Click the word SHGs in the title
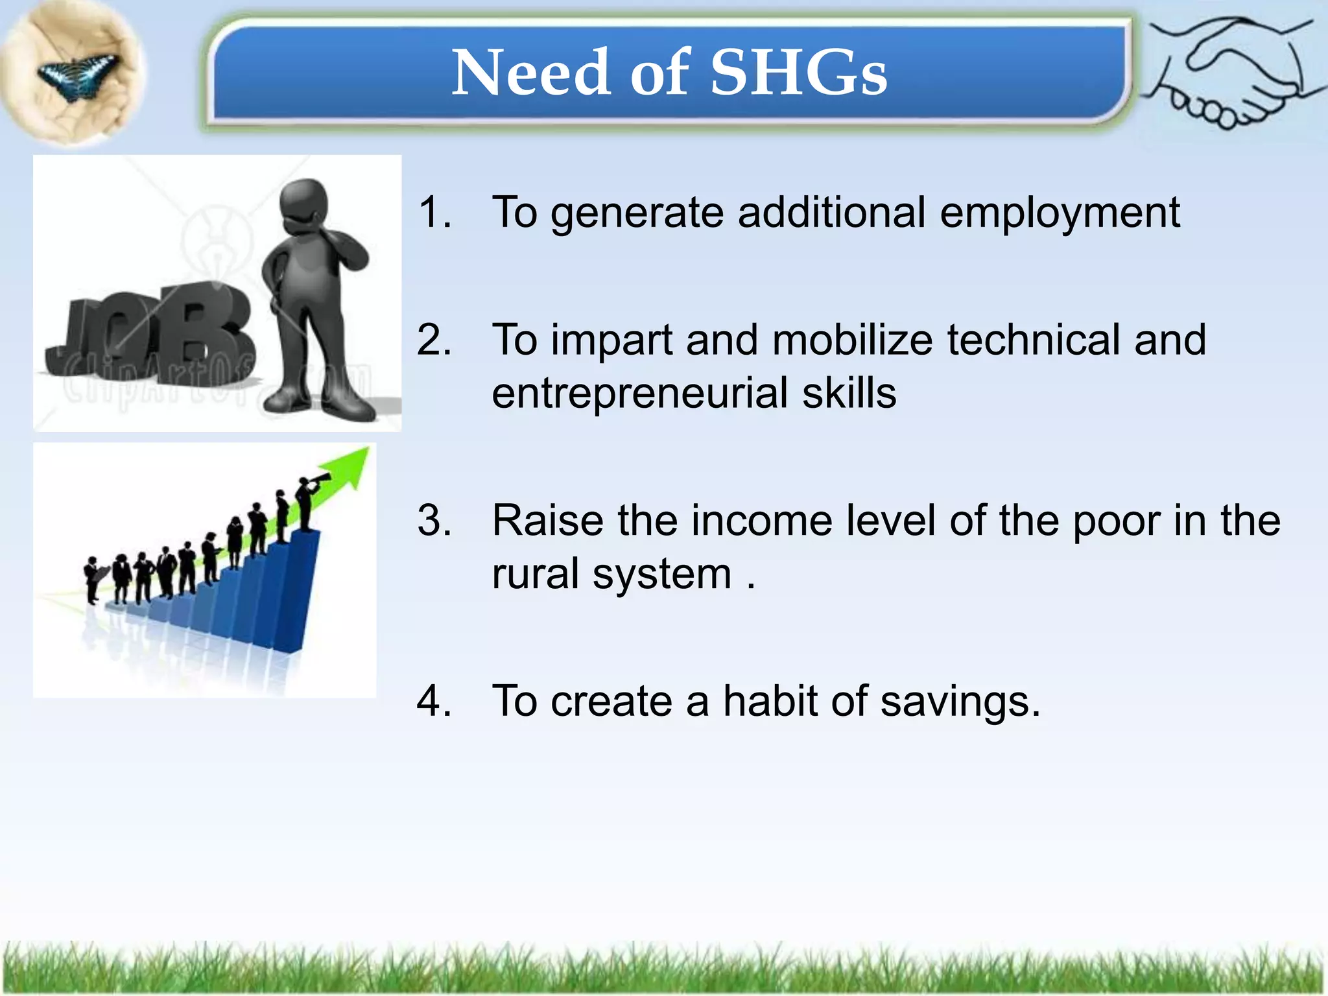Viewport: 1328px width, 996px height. pos(798,73)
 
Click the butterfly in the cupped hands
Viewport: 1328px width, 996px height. pos(77,75)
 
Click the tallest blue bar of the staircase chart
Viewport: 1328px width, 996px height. pos(295,590)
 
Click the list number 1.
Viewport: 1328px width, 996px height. pos(434,212)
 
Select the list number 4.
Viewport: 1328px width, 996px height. pos(434,701)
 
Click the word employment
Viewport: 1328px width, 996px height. pos(1060,213)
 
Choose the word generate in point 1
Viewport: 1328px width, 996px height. pos(637,213)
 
